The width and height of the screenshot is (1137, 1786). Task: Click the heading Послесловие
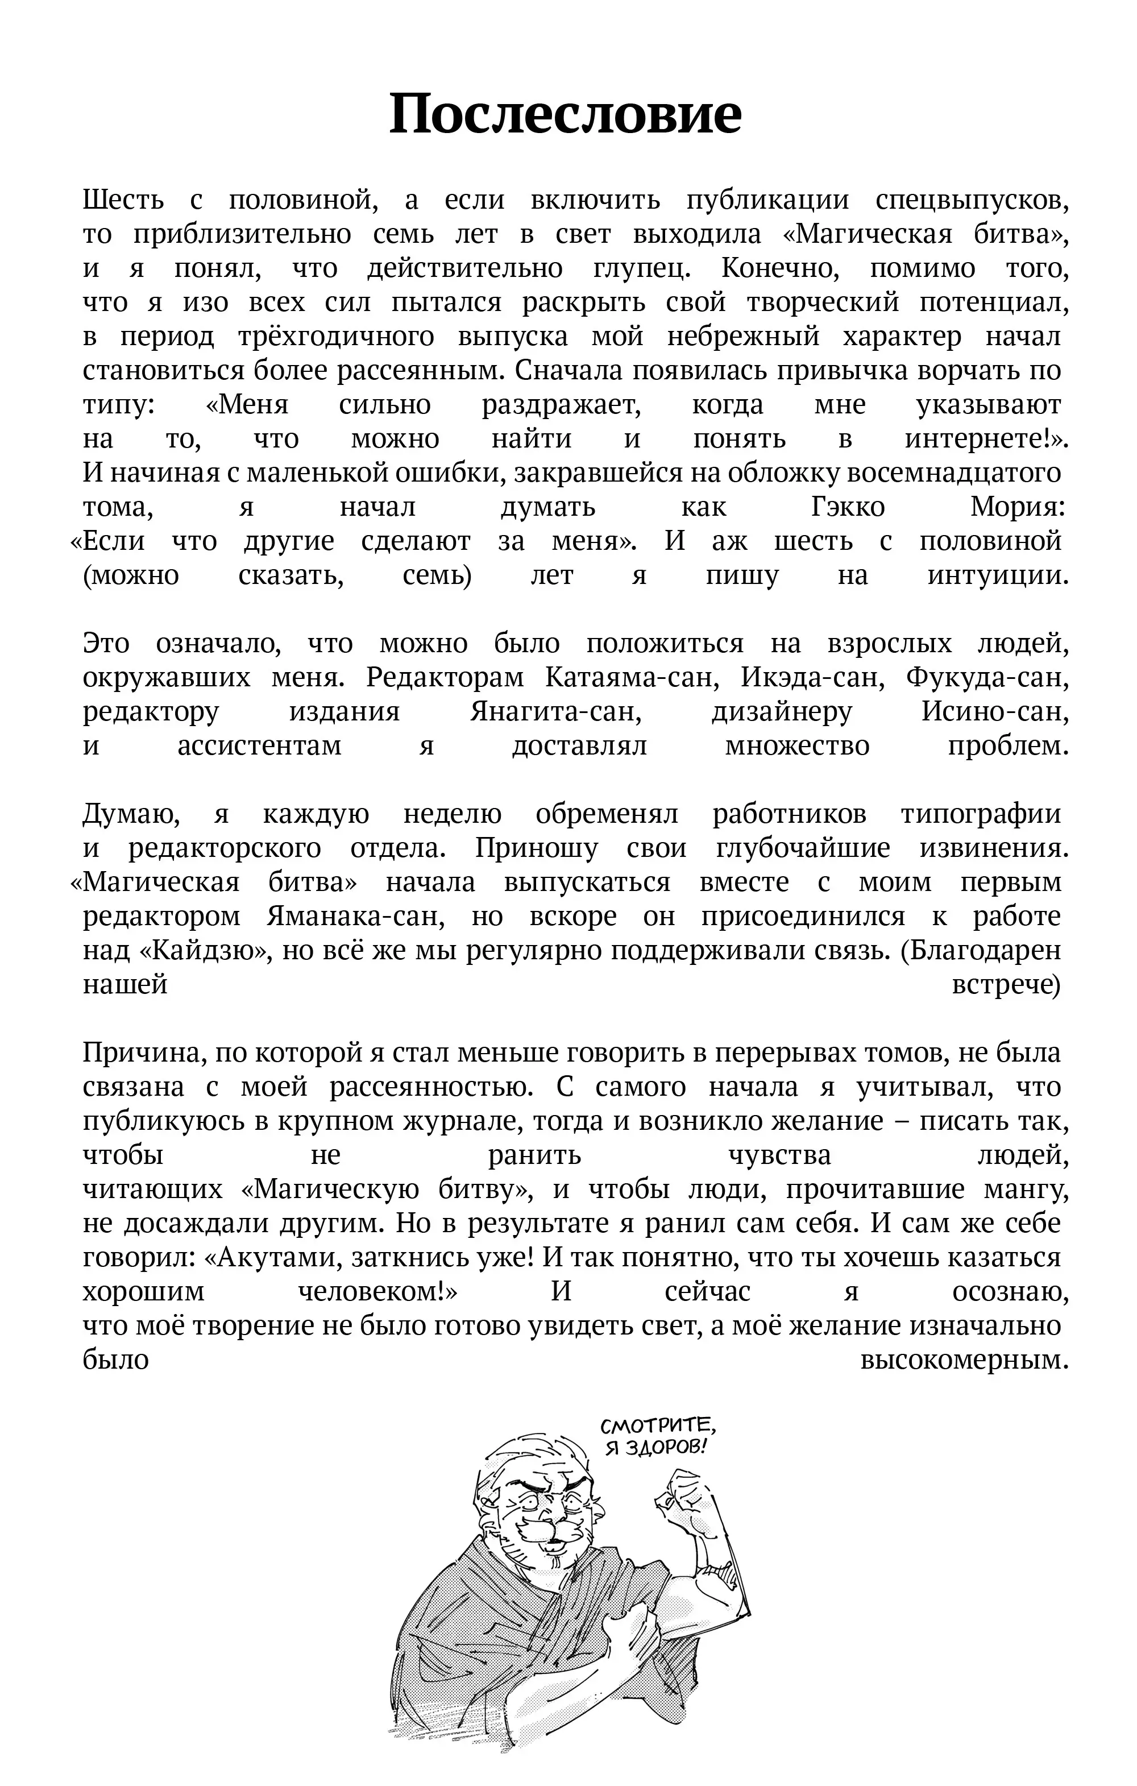[x=565, y=114]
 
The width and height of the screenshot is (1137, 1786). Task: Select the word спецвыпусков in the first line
[x=972, y=200]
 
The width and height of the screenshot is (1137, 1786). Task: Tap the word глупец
[x=642, y=268]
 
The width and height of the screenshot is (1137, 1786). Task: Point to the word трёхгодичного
[x=336, y=337]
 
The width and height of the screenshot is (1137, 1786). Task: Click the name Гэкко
[x=848, y=507]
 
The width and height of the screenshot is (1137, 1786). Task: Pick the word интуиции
[x=998, y=575]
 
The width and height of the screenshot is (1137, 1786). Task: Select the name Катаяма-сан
[x=628, y=678]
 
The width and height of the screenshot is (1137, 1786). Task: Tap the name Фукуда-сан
[x=987, y=678]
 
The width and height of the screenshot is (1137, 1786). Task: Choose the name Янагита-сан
[x=555, y=712]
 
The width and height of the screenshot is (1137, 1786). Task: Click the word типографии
[x=981, y=814]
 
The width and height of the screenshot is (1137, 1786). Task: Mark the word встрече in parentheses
[x=1006, y=985]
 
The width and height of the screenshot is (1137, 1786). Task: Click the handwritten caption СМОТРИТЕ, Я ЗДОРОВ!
[x=657, y=1436]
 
